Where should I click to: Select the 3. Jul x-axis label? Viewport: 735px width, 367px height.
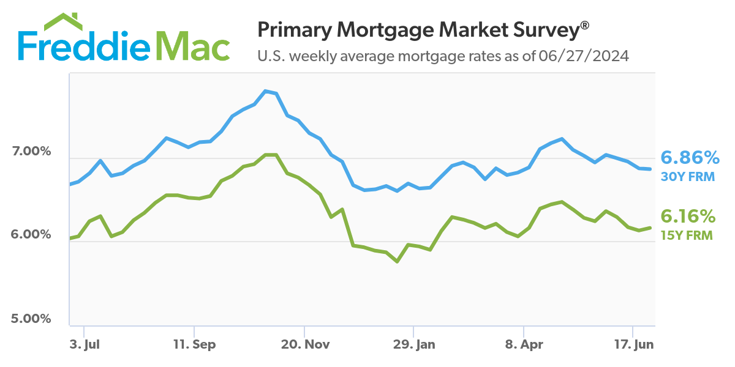click(x=84, y=344)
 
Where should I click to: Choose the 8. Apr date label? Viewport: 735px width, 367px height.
click(x=524, y=344)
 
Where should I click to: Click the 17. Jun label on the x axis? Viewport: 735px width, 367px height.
click(x=634, y=344)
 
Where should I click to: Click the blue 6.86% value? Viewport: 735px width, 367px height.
click(x=690, y=158)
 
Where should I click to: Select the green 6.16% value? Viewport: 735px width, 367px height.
click(x=687, y=216)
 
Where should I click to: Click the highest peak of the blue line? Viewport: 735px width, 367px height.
click(x=265, y=91)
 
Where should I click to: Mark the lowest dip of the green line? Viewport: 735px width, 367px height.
click(x=398, y=261)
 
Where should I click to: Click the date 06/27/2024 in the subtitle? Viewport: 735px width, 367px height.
click(x=584, y=56)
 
